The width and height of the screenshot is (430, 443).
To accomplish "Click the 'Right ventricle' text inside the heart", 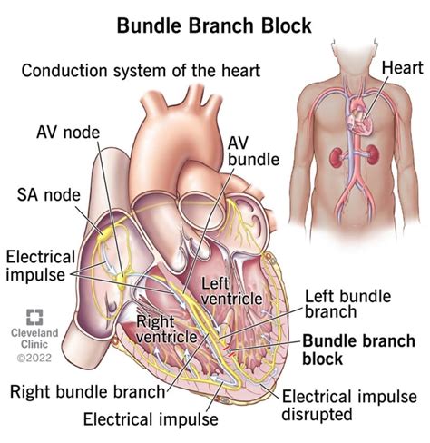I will pyautogui.click(x=166, y=329).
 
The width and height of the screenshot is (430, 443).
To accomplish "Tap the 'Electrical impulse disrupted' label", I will pyautogui.click(x=349, y=407).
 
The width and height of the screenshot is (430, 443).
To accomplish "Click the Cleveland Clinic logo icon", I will pyautogui.click(x=34, y=319).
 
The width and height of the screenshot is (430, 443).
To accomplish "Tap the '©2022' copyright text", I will pyautogui.click(x=34, y=359).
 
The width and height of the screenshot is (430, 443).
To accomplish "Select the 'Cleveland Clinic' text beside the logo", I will pyautogui.click(x=34, y=340).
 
